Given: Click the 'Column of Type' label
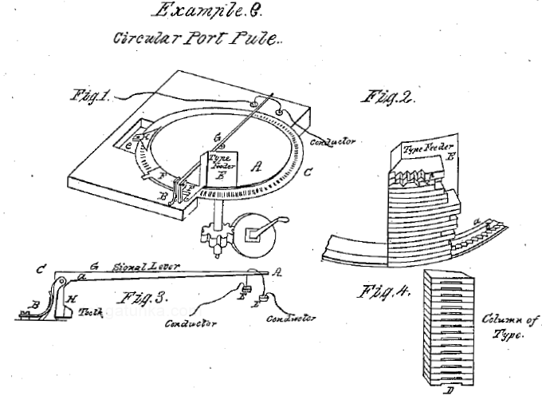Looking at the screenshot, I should coord(509,328).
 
